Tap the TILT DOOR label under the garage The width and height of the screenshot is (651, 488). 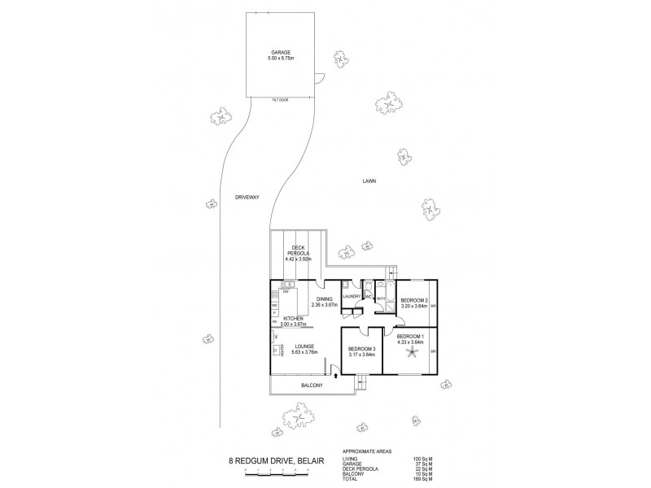tap(279, 99)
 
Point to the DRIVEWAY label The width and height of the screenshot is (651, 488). tap(246, 198)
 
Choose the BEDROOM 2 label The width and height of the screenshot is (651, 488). tap(415, 300)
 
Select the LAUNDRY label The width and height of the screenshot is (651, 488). tap(352, 298)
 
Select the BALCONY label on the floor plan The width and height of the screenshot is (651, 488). tap(312, 386)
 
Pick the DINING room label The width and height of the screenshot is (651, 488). tap(324, 299)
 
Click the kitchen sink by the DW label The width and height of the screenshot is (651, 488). tap(286, 284)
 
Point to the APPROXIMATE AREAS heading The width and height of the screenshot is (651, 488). tap(369, 451)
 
